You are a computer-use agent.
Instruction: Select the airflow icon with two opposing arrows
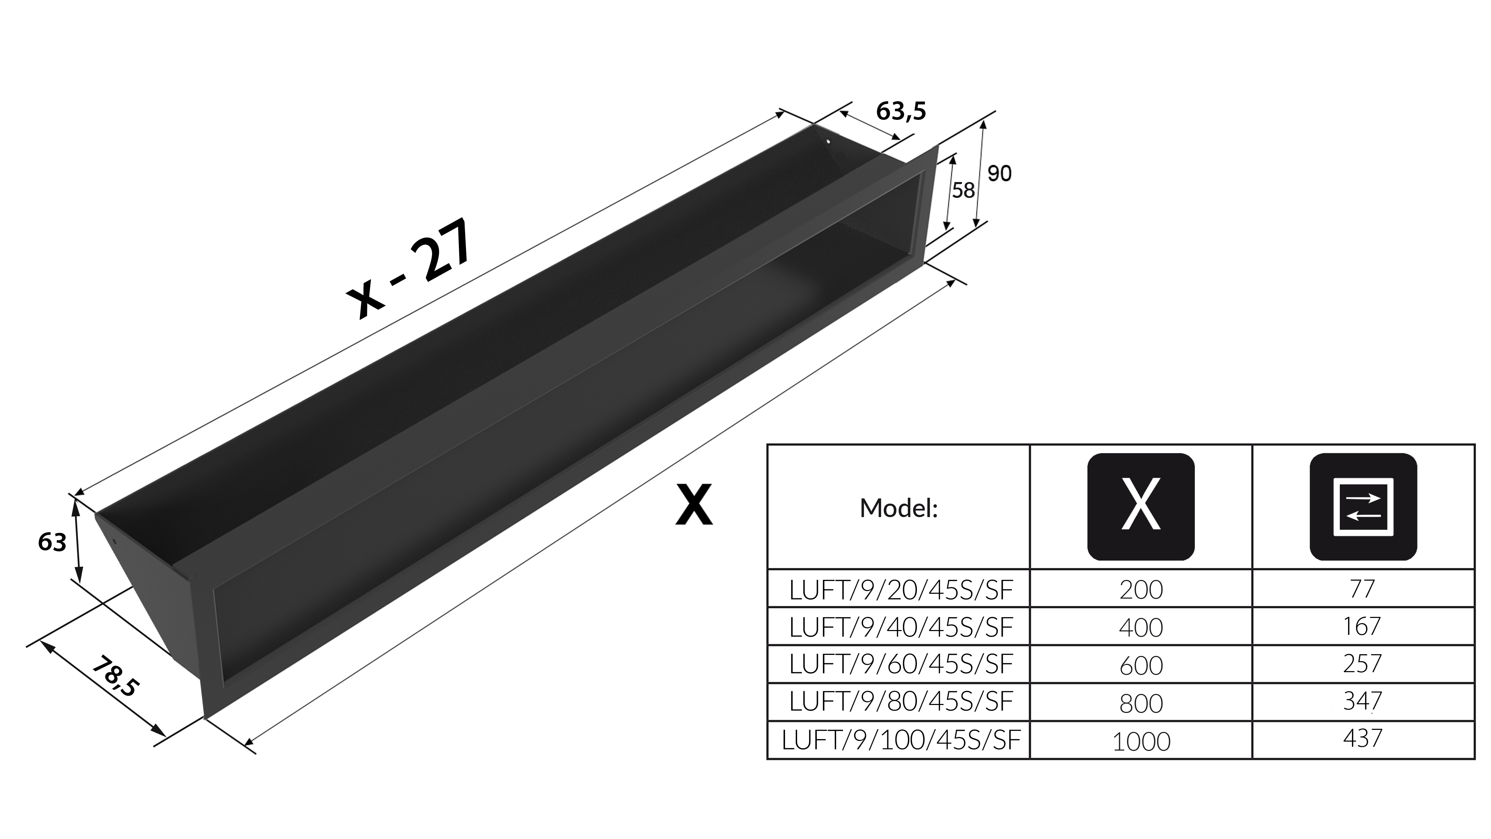click(x=1363, y=507)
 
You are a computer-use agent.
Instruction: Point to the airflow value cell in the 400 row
click(x=1363, y=627)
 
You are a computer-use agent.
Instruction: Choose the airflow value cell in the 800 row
click(x=1363, y=703)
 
